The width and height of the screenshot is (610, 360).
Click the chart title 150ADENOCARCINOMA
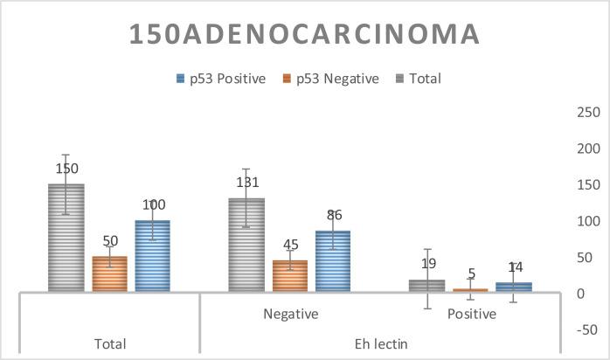click(x=304, y=33)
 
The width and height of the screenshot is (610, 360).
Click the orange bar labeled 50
click(x=110, y=273)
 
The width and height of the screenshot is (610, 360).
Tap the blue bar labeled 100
click(x=153, y=255)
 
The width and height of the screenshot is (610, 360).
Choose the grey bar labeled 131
click(x=246, y=245)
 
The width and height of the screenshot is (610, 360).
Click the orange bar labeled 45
click(x=289, y=275)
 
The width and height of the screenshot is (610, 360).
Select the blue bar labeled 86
click(x=333, y=260)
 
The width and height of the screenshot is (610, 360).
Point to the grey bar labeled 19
click(x=426, y=286)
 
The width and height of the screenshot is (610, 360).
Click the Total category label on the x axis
click(x=110, y=343)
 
